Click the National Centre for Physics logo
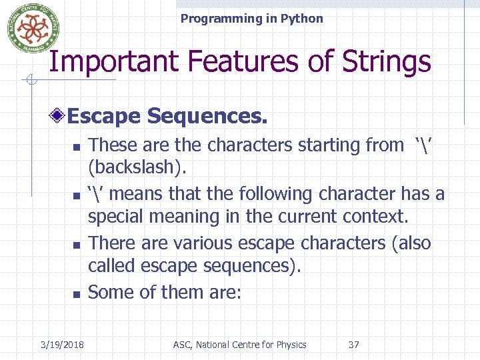pos(29,29)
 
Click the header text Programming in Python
pos(251,19)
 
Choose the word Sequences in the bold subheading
pos(207,116)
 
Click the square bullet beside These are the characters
pos(77,147)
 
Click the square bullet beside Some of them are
pos(77,294)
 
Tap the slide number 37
pos(353,345)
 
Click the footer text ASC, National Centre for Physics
pos(239,345)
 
